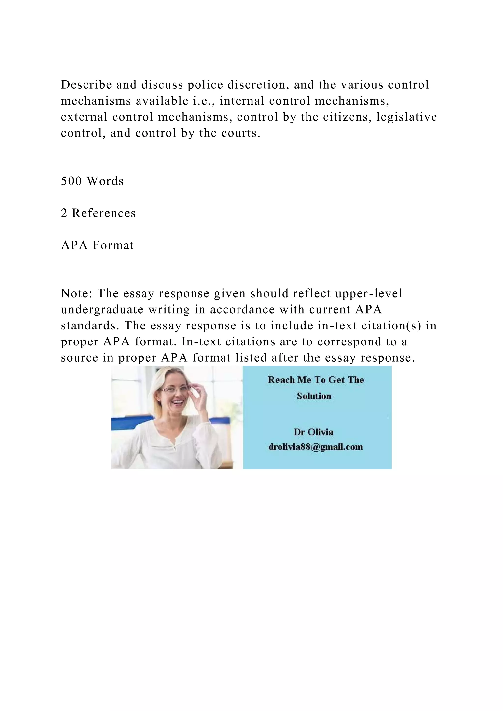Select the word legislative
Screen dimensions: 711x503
pos(407,117)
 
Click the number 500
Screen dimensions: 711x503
pos(71,181)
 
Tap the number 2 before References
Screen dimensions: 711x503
pos(64,213)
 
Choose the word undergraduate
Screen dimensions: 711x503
pos(102,310)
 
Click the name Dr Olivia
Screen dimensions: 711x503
pos(313,432)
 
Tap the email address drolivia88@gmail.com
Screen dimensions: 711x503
pos(316,447)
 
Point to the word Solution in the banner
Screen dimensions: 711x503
pos(314,396)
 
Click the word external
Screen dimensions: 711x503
pos(84,117)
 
